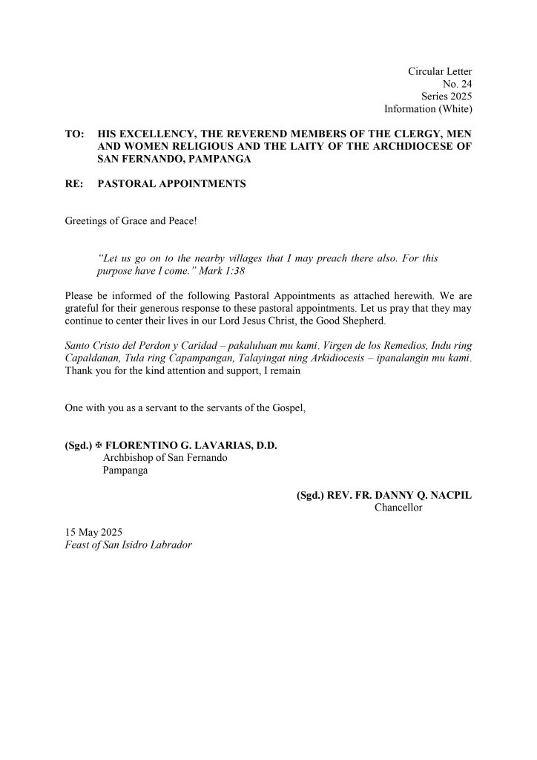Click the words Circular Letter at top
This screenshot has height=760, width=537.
440,71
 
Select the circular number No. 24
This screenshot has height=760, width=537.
457,84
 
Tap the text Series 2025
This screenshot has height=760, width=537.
447,96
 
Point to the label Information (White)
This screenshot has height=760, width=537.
428,109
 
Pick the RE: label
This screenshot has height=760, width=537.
74,183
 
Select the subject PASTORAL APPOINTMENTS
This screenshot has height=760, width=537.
171,183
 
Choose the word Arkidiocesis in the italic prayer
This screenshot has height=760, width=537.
343,358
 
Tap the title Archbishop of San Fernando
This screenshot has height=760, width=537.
165,458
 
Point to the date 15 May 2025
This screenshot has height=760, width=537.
93,533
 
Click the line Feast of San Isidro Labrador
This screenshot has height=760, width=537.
128,546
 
